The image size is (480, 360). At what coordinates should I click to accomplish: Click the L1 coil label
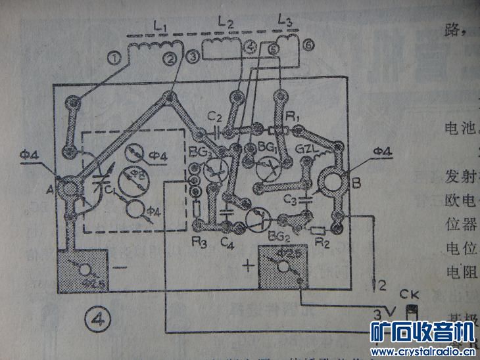click(159, 27)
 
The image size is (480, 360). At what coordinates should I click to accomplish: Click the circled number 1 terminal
click(116, 58)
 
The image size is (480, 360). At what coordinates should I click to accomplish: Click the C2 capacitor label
click(214, 116)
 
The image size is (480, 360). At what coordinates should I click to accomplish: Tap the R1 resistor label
click(293, 117)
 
